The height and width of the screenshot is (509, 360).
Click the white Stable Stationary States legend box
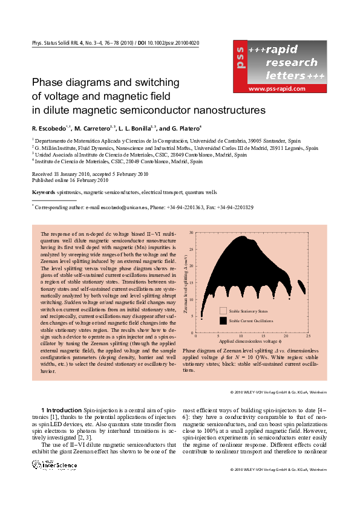[223, 311]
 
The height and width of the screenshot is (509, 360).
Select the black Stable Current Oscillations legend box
[223, 320]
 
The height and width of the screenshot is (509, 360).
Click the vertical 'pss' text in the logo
[240, 57]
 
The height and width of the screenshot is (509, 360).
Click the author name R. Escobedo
[50, 129]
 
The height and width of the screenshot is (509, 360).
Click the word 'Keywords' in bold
[43, 192]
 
